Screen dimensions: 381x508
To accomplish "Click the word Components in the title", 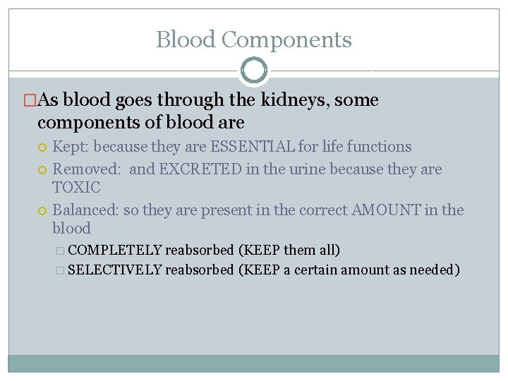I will tap(286, 40).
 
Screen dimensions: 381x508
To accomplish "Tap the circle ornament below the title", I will tap(254, 71).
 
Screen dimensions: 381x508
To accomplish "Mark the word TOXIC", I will tap(76, 188).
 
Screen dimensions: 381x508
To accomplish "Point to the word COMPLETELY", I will tap(116, 250).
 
